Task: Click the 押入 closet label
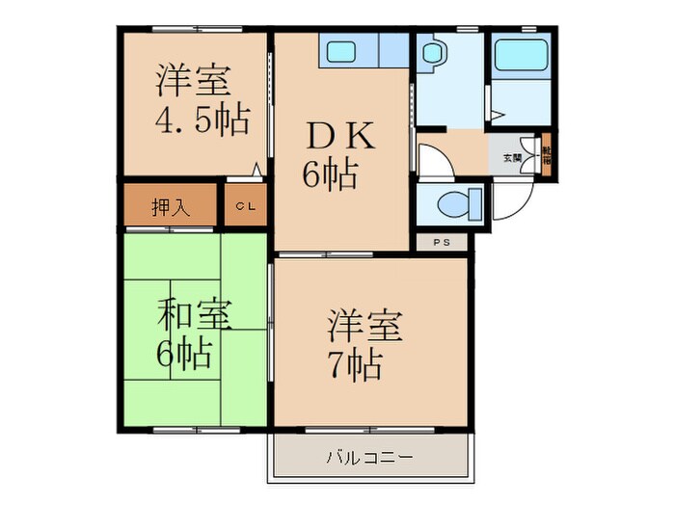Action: point(171,205)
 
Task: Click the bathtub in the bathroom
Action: point(518,57)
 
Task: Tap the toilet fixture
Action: point(448,203)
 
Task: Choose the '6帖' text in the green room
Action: point(185,355)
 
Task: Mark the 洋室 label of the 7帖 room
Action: point(364,324)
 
